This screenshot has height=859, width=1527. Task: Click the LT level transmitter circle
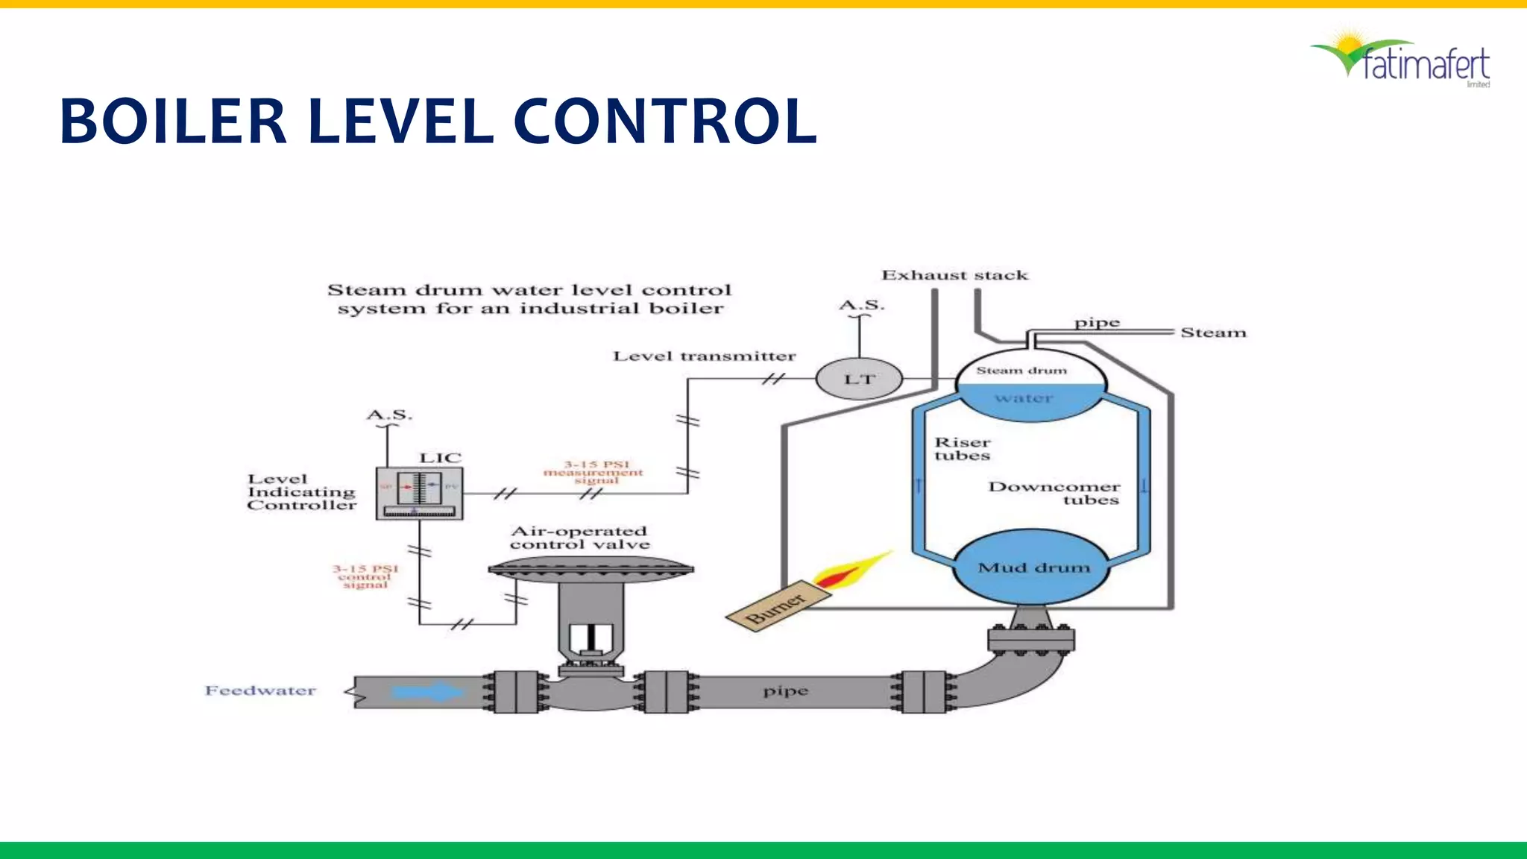(859, 379)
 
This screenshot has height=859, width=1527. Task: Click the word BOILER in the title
(173, 121)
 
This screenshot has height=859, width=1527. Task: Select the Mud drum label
(1033, 567)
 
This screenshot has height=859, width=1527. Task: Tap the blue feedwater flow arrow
(426, 691)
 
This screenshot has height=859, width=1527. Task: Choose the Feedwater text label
(260, 690)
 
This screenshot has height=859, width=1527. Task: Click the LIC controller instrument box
(419, 492)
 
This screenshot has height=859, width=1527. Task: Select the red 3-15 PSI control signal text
(365, 576)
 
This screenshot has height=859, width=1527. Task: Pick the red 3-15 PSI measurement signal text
(594, 472)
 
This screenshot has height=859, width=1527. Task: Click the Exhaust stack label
(954, 275)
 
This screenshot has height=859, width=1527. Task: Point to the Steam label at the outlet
(1213, 333)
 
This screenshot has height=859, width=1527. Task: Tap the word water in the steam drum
(1024, 398)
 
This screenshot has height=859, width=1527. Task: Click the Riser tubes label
(962, 449)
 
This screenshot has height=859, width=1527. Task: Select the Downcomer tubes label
(1054, 493)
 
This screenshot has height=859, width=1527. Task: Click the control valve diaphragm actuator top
(591, 567)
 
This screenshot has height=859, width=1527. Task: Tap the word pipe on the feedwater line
(785, 691)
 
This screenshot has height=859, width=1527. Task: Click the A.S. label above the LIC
(389, 415)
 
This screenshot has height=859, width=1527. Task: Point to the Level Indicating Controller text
(301, 492)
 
